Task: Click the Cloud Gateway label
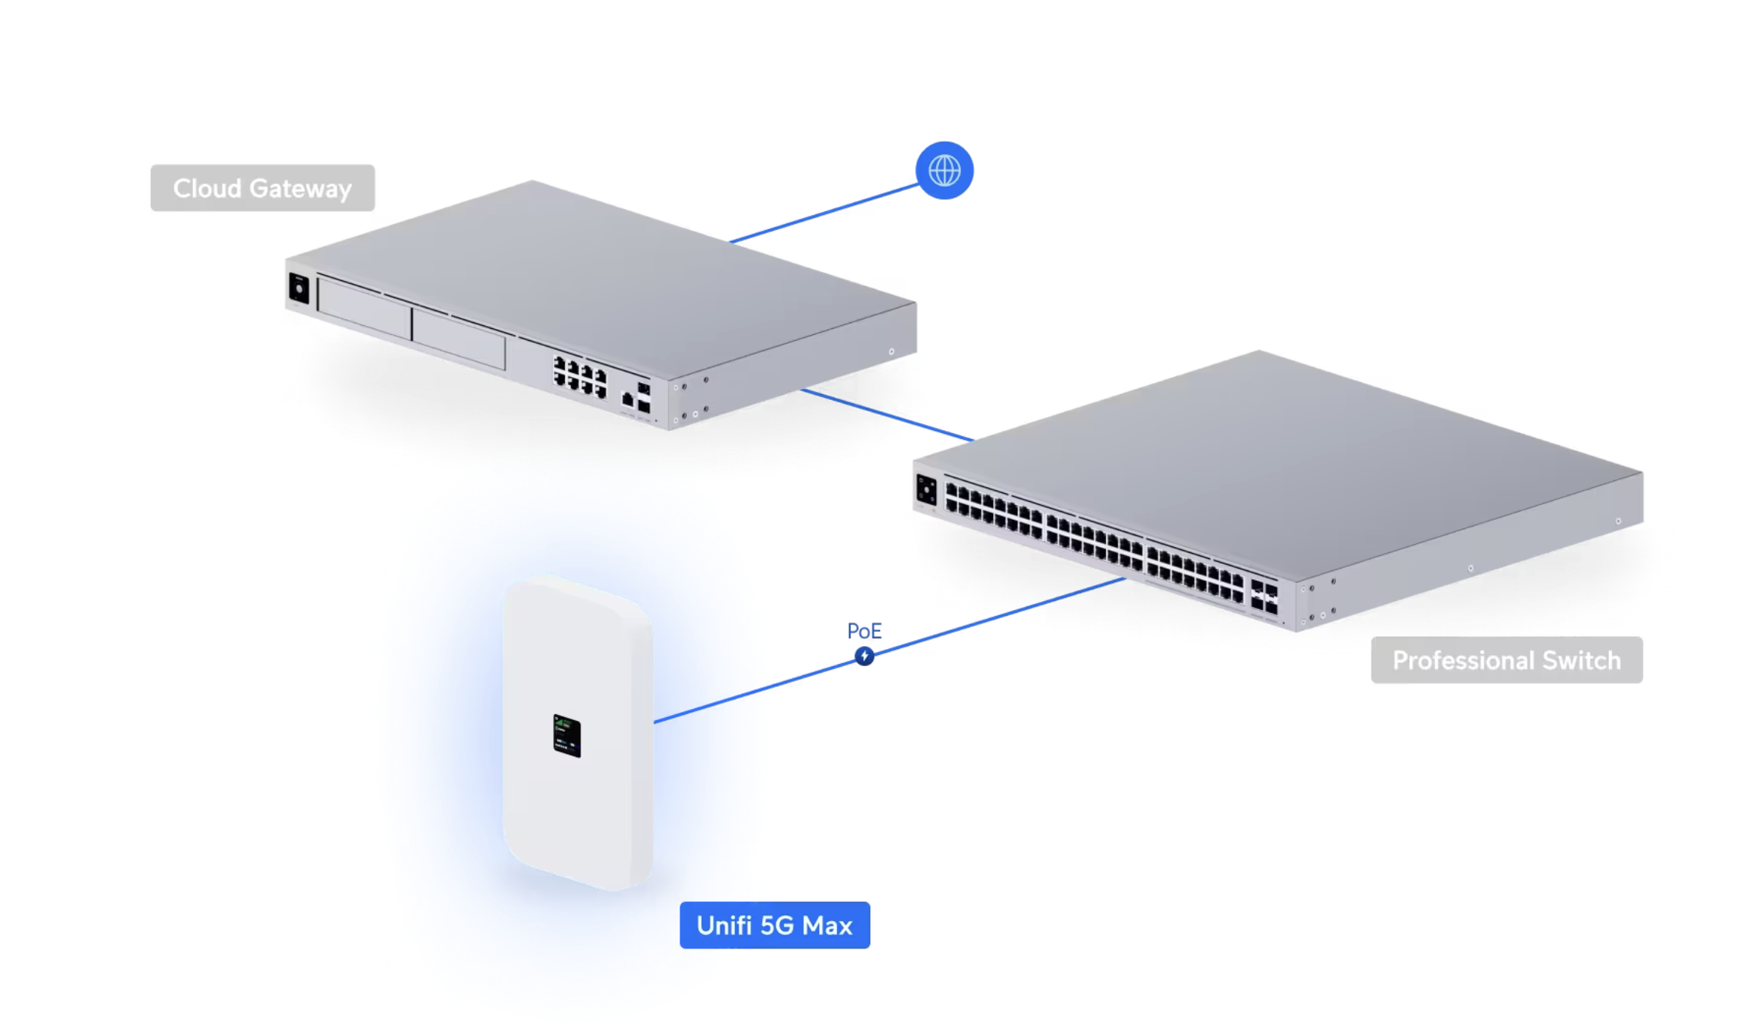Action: pos(262,188)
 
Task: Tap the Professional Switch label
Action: pos(1506,659)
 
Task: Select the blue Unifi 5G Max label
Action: pos(774,925)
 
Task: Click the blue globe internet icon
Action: pos(944,171)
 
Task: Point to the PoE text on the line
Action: pos(864,631)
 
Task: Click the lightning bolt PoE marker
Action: pos(864,656)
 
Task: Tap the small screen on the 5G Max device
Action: pos(567,736)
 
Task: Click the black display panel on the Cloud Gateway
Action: pos(299,288)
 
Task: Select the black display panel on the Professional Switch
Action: pos(926,490)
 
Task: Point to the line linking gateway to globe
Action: pos(824,213)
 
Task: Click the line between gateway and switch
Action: pos(887,415)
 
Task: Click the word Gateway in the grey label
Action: pos(300,189)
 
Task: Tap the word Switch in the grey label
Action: pos(1581,659)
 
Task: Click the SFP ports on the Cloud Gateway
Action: pos(643,398)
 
